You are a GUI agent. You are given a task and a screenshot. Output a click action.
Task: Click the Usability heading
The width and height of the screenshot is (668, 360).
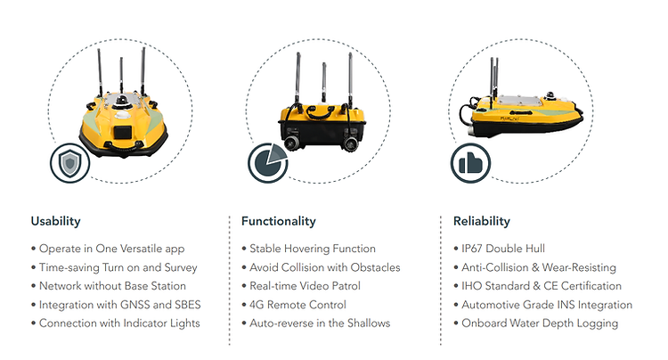[x=55, y=221]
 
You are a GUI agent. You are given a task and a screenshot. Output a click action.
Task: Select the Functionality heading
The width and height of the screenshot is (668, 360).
[x=278, y=221]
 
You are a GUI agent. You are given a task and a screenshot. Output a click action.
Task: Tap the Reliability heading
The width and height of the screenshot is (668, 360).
[x=481, y=221]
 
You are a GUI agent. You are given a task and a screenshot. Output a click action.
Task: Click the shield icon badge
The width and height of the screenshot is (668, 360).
[x=69, y=163]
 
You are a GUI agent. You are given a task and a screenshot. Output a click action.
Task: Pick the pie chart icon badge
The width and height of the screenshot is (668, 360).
[x=267, y=163]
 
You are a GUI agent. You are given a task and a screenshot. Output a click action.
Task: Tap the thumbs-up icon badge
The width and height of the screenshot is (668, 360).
[x=470, y=163]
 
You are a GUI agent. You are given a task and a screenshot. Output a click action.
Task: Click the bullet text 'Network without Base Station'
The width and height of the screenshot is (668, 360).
[x=112, y=286]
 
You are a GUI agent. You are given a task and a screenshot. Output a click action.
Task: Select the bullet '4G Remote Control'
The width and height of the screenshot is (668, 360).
[x=297, y=305]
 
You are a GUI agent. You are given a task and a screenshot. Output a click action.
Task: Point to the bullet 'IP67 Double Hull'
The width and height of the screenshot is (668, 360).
[x=503, y=249]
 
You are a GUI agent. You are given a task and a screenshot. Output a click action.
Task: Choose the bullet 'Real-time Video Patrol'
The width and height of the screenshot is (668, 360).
[x=305, y=286]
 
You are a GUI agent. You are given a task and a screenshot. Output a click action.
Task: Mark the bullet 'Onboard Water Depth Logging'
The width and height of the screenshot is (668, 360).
[x=540, y=323]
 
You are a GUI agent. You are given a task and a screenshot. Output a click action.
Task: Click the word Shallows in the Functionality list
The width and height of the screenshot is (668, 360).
[x=369, y=323]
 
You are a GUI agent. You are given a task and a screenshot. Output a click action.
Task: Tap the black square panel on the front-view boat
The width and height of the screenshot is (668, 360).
[x=122, y=132]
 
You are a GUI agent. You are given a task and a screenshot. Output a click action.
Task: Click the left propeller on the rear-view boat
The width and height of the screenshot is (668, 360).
[x=291, y=144]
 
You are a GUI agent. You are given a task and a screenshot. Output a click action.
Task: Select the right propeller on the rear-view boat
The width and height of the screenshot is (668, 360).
[x=350, y=144]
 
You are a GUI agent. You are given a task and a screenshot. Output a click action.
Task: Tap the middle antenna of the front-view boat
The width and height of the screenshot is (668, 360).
[x=121, y=78]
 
